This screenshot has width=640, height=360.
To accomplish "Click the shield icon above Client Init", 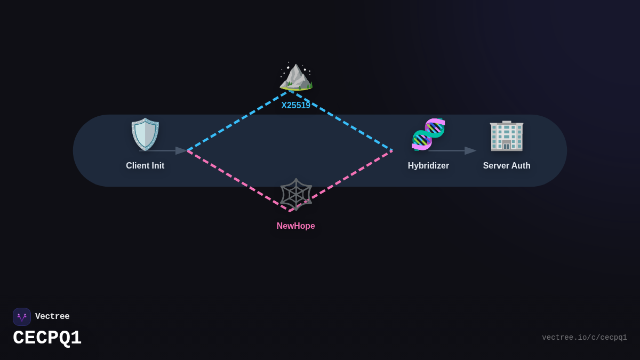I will pyautogui.click(x=145, y=134).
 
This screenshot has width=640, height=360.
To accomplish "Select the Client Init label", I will pyautogui.click(x=145, y=166).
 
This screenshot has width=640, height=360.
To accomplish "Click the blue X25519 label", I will pyautogui.click(x=296, y=106).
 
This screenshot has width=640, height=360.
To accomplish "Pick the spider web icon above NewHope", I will pyautogui.click(x=296, y=194).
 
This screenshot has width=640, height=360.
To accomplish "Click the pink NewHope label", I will pyautogui.click(x=296, y=226).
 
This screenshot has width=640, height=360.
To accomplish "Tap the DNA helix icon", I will pyautogui.click(x=428, y=134).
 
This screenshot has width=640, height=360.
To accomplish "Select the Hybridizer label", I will pyautogui.click(x=428, y=166).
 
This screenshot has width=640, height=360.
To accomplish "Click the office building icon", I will pyautogui.click(x=507, y=135).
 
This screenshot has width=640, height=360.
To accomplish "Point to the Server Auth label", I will pyautogui.click(x=507, y=166).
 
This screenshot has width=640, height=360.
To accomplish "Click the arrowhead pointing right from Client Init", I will pyautogui.click(x=181, y=151).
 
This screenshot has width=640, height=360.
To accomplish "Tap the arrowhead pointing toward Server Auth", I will pyautogui.click(x=470, y=151).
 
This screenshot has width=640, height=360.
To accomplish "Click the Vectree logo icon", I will pyautogui.click(x=22, y=317).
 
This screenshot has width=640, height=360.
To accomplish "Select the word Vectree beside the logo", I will pyautogui.click(x=52, y=317).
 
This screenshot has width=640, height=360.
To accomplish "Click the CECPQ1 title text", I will pyautogui.click(x=47, y=338).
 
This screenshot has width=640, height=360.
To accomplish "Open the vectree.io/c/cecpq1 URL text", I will pyautogui.click(x=585, y=338).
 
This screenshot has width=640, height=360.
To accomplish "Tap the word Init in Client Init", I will pyautogui.click(x=157, y=166).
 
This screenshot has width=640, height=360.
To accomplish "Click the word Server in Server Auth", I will pyautogui.click(x=495, y=166).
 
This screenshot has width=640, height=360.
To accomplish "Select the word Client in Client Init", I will pyautogui.click(x=137, y=166).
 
